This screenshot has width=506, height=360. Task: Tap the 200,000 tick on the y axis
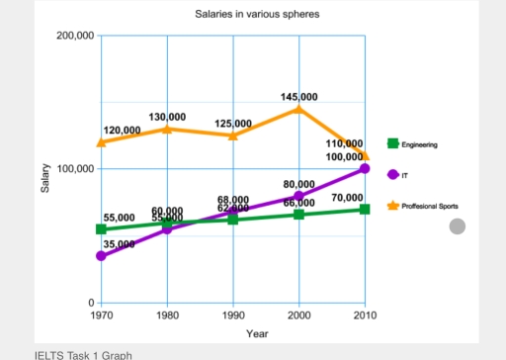(75, 36)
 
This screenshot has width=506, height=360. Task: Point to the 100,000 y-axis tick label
(75, 169)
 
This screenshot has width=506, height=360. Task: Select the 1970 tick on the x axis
(101, 315)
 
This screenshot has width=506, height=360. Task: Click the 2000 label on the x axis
(298, 315)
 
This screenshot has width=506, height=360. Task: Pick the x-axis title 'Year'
(257, 333)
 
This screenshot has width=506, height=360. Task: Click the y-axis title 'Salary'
(44, 179)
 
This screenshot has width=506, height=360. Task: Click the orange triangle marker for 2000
(298, 108)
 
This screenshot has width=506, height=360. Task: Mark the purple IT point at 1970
(101, 256)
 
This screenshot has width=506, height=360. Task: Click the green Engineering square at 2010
(365, 209)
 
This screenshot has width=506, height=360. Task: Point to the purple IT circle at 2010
(365, 169)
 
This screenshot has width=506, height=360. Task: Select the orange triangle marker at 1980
(167, 129)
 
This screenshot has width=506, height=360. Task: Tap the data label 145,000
(299, 97)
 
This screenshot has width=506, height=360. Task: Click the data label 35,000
(119, 243)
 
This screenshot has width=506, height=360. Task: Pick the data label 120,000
(122, 131)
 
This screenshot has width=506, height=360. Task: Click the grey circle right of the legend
(457, 226)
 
